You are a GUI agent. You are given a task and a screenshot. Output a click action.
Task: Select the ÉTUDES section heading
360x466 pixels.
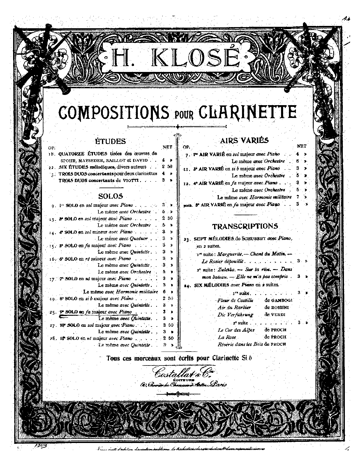(111, 141)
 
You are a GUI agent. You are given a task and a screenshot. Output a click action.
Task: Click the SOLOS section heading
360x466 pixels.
(110, 196)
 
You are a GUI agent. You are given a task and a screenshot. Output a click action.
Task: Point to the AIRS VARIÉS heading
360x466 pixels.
(244, 140)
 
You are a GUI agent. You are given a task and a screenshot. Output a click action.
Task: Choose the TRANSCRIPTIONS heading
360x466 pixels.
(245, 226)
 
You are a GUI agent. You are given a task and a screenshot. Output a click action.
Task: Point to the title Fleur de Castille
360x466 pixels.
(235, 300)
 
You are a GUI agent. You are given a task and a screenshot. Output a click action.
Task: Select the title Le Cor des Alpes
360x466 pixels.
(236, 330)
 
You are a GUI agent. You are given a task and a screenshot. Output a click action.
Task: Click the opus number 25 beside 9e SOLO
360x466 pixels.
(53, 312)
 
